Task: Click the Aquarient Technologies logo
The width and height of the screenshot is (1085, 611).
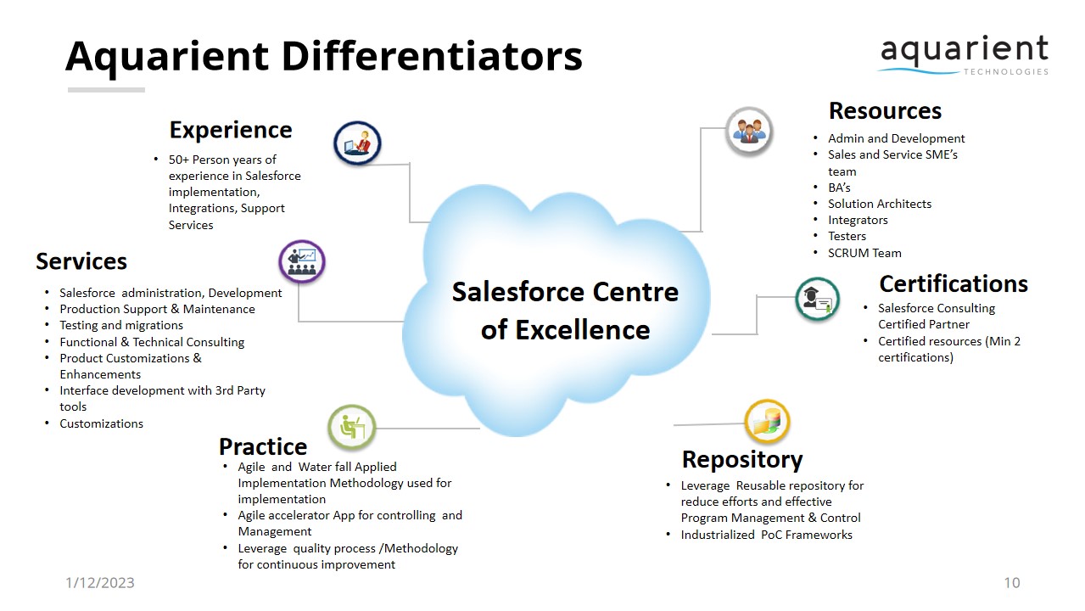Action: coord(965,55)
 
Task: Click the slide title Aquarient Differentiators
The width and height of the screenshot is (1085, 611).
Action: coord(323,56)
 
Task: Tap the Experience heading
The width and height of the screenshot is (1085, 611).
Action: coord(230,130)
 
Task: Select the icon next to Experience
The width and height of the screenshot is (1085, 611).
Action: coord(357,143)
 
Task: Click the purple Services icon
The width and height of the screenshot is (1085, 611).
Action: coord(302,261)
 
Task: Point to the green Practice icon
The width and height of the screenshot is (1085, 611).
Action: coord(351,427)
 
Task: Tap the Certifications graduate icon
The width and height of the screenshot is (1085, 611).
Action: coord(818,299)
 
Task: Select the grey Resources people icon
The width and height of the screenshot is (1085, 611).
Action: coord(749,131)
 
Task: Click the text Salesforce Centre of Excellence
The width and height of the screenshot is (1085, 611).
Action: coord(565,311)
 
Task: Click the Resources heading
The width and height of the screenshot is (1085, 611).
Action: coord(885,111)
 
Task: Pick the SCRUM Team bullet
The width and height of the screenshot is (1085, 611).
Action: coord(864,253)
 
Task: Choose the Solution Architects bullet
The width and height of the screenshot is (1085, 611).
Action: coord(880,204)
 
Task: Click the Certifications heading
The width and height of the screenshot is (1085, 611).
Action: coord(953,283)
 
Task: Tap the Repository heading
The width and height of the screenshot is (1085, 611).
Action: coord(742,459)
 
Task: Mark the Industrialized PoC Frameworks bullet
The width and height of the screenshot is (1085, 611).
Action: coord(766,535)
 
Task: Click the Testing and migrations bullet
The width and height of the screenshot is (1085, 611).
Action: coord(121,325)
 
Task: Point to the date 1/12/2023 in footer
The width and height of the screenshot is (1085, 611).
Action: coord(100,582)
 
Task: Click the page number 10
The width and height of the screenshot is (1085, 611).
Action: coord(1011,582)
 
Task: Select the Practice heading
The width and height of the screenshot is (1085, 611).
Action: coord(263,446)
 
